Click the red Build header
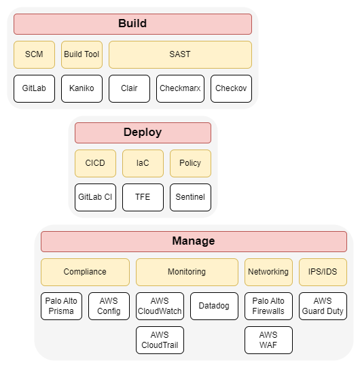pyautogui.click(x=132, y=24)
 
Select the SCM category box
pyautogui.click(x=34, y=54)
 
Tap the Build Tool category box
pyautogui.click(x=82, y=54)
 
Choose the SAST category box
pyautogui.click(x=180, y=54)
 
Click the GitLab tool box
pyautogui.click(x=34, y=88)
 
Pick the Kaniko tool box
pyautogui.click(x=82, y=88)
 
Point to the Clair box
pyautogui.click(x=129, y=88)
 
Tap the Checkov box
pyautogui.click(x=231, y=88)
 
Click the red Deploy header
pyautogui.click(x=143, y=133)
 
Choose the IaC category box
pyautogui.click(x=143, y=163)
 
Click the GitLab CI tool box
pyautogui.click(x=95, y=197)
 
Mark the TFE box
pyautogui.click(x=143, y=197)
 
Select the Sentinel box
pyautogui.click(x=190, y=197)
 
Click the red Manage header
pyautogui.click(x=194, y=241)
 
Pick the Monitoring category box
pyautogui.click(x=187, y=272)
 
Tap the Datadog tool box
pyautogui.click(x=214, y=306)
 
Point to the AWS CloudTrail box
pyautogui.click(x=160, y=340)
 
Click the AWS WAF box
pyautogui.click(x=268, y=340)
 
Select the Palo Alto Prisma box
pyautogui.click(x=61, y=306)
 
